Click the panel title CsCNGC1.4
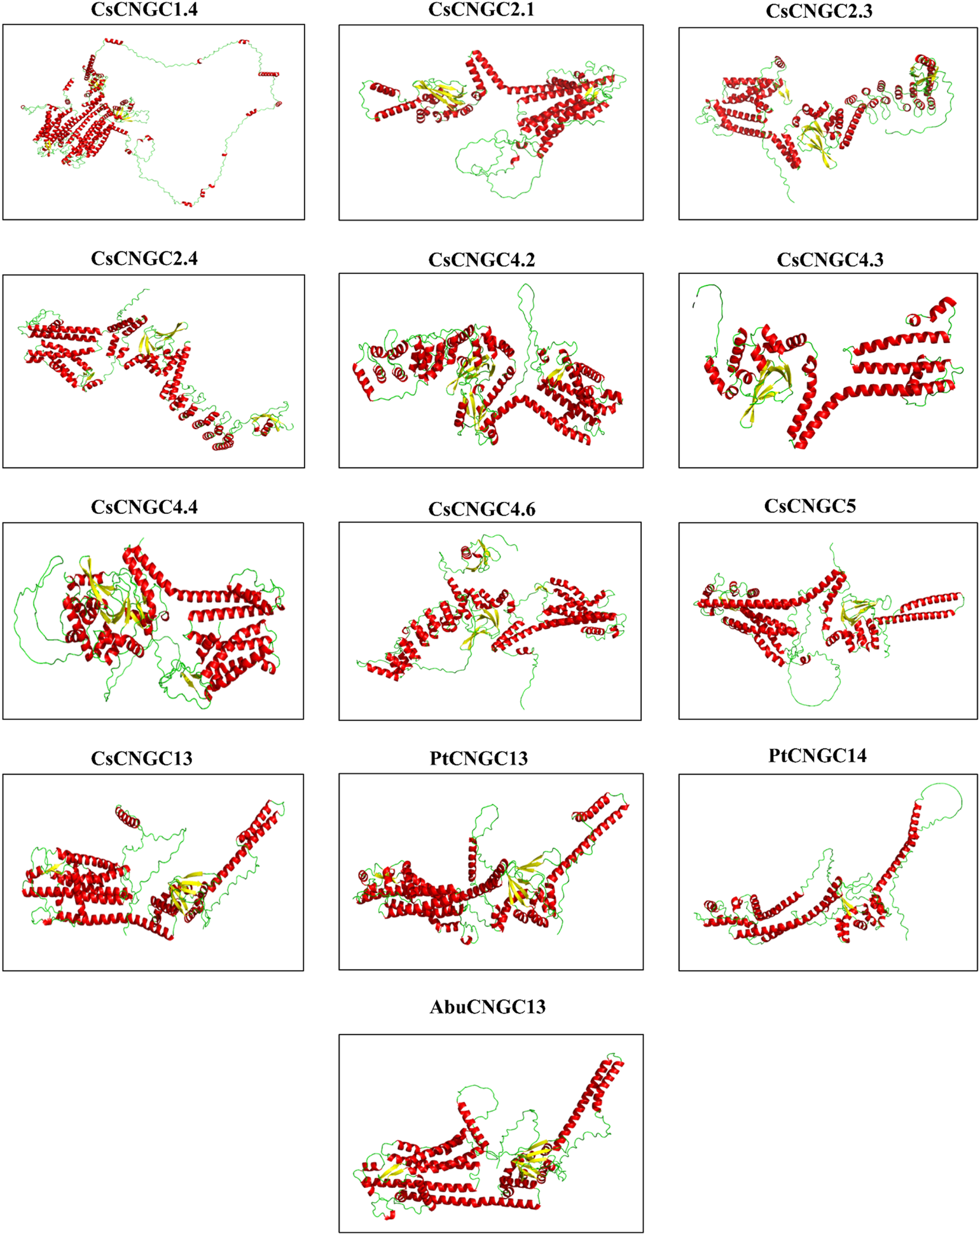pos(144,10)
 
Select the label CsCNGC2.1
pos(481,10)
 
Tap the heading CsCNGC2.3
pos(819,11)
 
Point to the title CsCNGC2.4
pos(144,258)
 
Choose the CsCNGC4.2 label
pos(481,259)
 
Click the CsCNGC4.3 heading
pos(830,259)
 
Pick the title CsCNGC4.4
pos(144,507)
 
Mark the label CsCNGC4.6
pos(481,509)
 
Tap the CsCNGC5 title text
pos(810,506)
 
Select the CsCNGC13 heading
pos(141,758)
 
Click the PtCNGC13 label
pos(478,758)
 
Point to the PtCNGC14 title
pos(817,755)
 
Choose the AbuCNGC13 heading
pos(487,1007)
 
